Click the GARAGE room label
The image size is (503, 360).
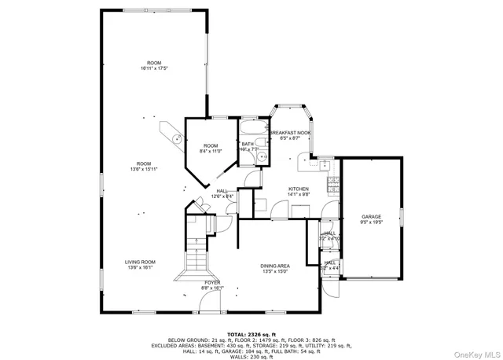371,216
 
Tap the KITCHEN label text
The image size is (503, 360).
299,189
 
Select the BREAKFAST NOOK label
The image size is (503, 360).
290,133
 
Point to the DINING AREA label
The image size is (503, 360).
275,266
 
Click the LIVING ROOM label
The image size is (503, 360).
140,262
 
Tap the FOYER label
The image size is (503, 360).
212,282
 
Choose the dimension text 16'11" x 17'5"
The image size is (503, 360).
154,68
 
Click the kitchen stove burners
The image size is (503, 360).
332,187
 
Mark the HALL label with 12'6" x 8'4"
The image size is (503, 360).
222,193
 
